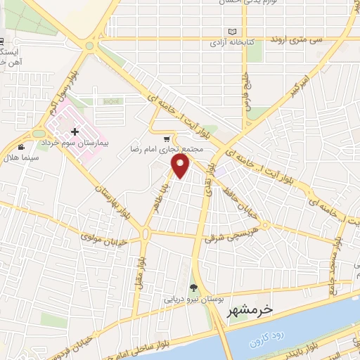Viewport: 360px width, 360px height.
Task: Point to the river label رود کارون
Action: click(265, 340)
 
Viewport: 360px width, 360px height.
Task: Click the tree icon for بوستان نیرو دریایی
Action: click(193, 287)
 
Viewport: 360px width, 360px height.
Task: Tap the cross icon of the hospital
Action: click(75, 132)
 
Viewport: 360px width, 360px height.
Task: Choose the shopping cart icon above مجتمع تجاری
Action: click(166, 139)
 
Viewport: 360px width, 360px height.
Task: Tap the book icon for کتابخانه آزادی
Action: click(232, 32)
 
